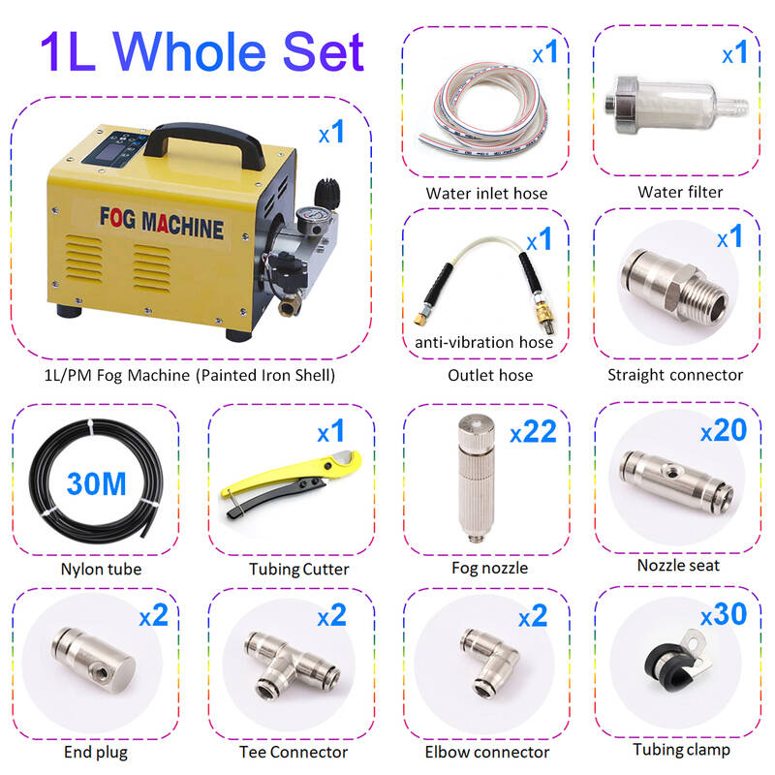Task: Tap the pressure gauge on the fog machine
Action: pos(309,220)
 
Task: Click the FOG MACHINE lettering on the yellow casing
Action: pos(162,224)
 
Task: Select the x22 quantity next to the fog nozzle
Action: pos(533,431)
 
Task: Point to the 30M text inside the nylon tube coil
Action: pos(96,483)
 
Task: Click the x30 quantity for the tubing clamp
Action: pos(724,614)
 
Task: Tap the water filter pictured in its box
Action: pos(676,106)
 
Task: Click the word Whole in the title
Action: pos(190,52)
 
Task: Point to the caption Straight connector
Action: pos(675,375)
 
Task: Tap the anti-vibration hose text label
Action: pos(483,342)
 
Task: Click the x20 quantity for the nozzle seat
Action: pos(724,430)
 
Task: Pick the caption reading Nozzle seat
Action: pos(678,565)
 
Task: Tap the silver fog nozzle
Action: pos(476,478)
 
